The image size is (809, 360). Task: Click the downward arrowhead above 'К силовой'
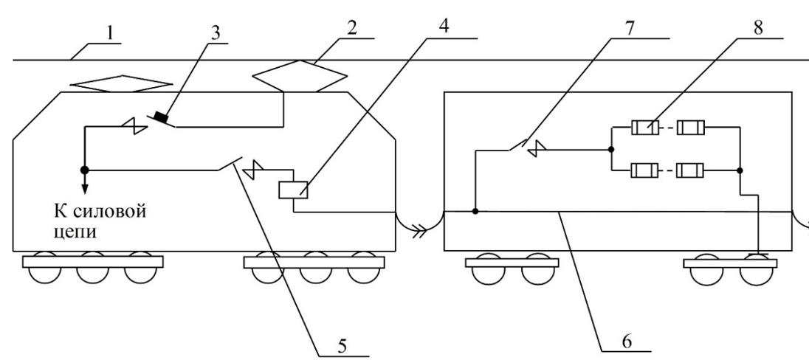coord(85,190)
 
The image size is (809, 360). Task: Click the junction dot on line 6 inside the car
coord(475,212)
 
